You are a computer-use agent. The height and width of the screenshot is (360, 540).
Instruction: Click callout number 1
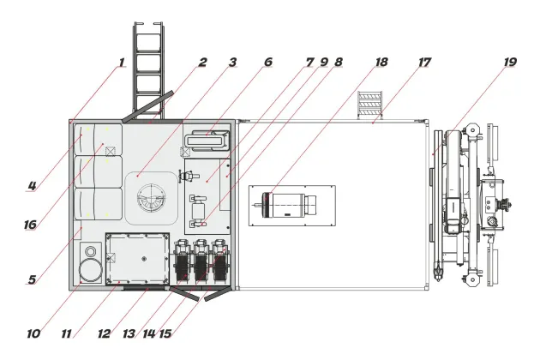click(121, 63)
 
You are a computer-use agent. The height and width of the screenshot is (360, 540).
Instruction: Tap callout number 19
click(510, 62)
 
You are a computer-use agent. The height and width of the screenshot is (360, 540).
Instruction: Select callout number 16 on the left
click(30, 225)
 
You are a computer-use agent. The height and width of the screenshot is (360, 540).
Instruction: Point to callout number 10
click(33, 333)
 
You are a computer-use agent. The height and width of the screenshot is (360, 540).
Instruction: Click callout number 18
click(381, 62)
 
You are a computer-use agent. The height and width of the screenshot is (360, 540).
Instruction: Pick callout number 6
click(268, 62)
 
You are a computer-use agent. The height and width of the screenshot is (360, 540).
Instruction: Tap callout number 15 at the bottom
click(165, 333)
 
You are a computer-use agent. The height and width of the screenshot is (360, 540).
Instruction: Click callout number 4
click(32, 186)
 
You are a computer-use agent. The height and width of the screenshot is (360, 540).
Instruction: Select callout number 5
click(32, 279)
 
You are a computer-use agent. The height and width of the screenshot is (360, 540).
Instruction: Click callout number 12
click(104, 333)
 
